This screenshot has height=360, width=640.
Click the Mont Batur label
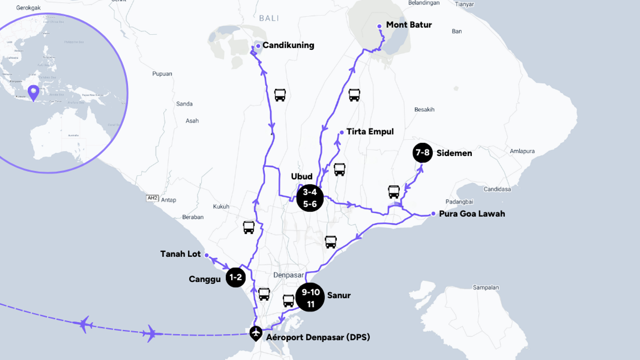tap(409, 25)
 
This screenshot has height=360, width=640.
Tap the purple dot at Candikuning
tap(258, 46)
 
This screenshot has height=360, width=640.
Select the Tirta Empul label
tap(370, 132)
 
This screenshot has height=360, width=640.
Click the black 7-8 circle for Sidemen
tap(422, 153)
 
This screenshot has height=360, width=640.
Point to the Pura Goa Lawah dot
tap(433, 213)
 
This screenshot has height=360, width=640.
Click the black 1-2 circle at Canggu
tap(236, 277)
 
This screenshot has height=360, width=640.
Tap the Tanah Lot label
tap(180, 254)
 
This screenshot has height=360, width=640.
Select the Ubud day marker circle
tap(310, 198)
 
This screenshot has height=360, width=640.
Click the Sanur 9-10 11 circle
tap(310, 297)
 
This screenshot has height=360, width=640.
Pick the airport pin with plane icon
tap(256, 333)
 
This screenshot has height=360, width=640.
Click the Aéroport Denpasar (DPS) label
tap(318, 337)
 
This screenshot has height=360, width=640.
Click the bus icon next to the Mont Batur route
tap(354, 95)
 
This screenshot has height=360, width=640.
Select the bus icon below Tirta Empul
tap(340, 170)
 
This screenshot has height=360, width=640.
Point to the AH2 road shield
tap(152, 198)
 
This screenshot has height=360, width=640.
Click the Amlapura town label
tap(522, 151)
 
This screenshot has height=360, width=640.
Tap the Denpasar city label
tap(289, 275)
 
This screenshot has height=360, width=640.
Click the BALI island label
tap(269, 18)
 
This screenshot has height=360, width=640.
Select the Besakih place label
tap(424, 109)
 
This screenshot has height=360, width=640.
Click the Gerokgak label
tap(28, 8)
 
